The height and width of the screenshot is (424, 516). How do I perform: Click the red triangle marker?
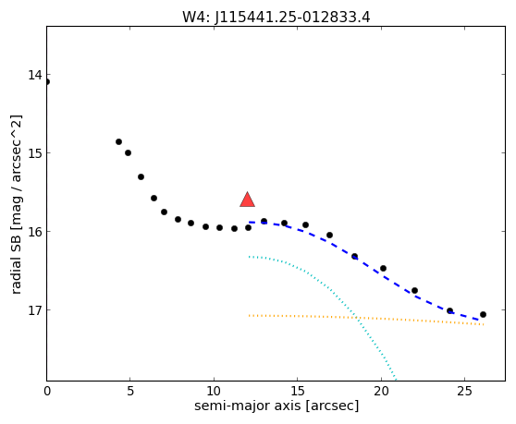coord(247,200)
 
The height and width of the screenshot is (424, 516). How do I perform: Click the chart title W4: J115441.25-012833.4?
coord(276,18)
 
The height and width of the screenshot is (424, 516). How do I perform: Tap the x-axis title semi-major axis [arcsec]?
coord(276,406)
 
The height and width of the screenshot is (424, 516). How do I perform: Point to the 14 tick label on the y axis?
coord(35,75)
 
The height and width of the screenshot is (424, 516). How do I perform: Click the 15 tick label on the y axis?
coord(35,153)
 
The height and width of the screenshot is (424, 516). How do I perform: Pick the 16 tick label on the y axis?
coord(35,231)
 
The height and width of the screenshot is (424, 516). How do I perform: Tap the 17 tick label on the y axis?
coord(35,310)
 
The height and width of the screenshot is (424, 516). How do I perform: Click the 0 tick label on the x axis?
coord(47,391)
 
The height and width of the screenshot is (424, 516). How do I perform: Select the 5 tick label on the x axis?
coord(130,391)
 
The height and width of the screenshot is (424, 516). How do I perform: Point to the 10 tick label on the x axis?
coord(214,391)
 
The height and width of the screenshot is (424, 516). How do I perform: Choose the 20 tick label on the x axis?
coord(381,391)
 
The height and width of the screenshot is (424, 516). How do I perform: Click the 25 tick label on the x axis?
coord(464,391)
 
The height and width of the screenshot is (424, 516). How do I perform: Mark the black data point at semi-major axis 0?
coord(47,82)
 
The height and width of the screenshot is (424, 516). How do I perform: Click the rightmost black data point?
coord(483,315)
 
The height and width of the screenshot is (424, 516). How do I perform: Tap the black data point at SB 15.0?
coord(128,152)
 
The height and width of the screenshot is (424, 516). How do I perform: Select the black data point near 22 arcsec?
coord(414,291)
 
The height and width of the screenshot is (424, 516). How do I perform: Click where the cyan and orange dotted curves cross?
coord(357,318)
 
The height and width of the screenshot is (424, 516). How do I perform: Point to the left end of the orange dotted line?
coord(249,316)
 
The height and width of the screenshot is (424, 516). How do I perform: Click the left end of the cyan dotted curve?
coord(249,257)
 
